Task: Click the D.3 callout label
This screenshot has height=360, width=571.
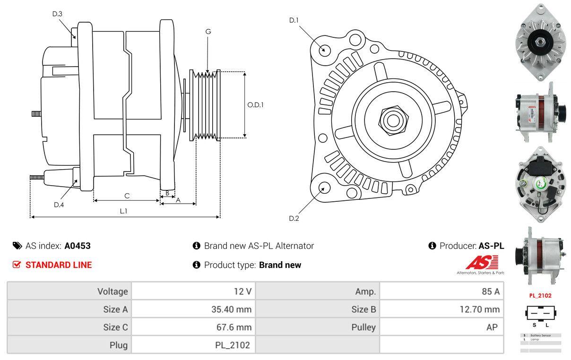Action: coord(57,14)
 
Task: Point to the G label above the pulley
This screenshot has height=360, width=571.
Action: coord(208,32)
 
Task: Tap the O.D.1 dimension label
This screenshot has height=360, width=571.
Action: coord(256,105)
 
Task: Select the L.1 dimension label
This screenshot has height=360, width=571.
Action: coord(123,211)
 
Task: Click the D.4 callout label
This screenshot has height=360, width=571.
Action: coord(59,205)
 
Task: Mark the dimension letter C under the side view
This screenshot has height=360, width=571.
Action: coord(127,196)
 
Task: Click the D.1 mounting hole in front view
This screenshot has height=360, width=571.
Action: coord(324,49)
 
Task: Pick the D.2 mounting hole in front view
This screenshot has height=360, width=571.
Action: coord(324,188)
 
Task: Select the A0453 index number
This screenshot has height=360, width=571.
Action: coord(78,246)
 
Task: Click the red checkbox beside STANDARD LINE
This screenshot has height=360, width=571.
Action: coord(17,265)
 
